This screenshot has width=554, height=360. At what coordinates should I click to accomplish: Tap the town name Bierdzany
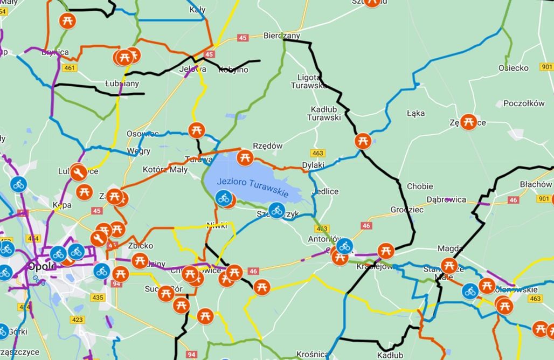[281, 36]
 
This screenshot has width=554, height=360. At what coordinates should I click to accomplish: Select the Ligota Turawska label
[309, 81]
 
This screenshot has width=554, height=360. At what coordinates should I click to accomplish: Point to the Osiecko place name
[513, 68]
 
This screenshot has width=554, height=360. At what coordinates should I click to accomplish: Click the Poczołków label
[524, 103]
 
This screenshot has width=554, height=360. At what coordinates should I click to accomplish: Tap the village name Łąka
[415, 113]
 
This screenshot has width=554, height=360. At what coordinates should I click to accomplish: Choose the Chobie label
[420, 186]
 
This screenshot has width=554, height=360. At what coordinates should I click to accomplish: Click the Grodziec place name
[407, 210]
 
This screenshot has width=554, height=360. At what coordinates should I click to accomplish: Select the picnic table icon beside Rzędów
[245, 157]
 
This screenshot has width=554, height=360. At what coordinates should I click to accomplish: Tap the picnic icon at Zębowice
[468, 122]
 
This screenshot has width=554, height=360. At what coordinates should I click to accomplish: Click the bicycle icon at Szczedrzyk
[277, 210]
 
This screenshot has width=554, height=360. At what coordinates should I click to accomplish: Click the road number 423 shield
[78, 320]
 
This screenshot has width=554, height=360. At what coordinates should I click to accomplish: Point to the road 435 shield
[98, 297]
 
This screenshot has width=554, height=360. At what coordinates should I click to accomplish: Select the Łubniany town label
[122, 84]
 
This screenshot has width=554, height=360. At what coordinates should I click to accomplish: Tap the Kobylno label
[233, 70]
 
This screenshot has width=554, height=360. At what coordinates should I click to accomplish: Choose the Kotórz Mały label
[165, 170]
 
